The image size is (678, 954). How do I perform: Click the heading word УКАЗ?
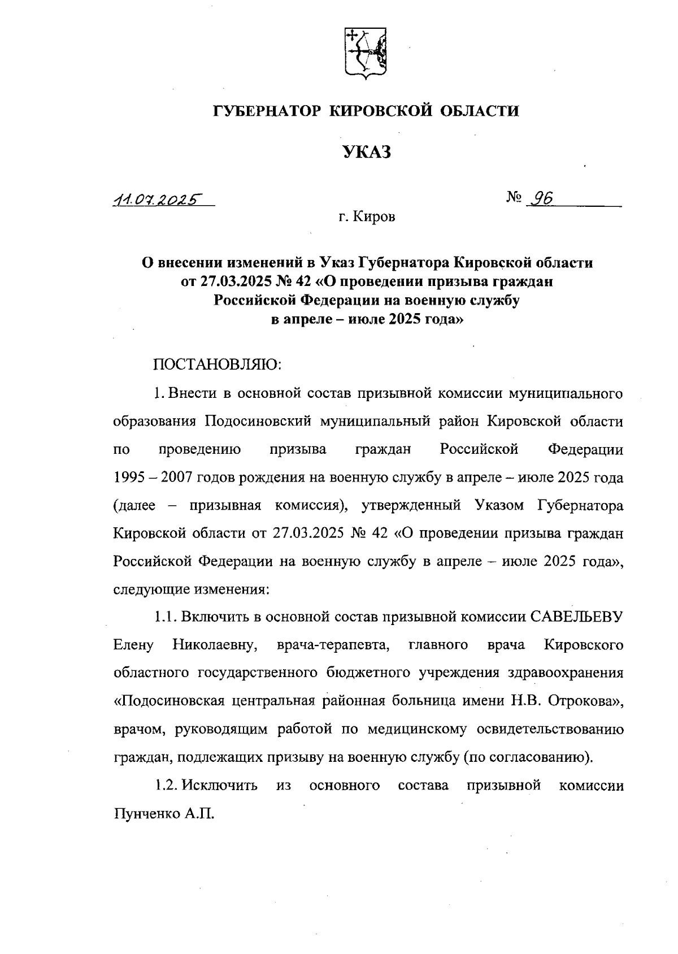(367, 151)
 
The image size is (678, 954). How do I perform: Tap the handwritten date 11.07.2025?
(158, 200)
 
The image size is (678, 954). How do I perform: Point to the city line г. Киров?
(367, 217)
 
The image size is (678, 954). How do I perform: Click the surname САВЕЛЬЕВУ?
(577, 617)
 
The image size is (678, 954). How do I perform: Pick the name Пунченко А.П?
(165, 813)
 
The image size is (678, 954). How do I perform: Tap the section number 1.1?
(166, 617)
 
